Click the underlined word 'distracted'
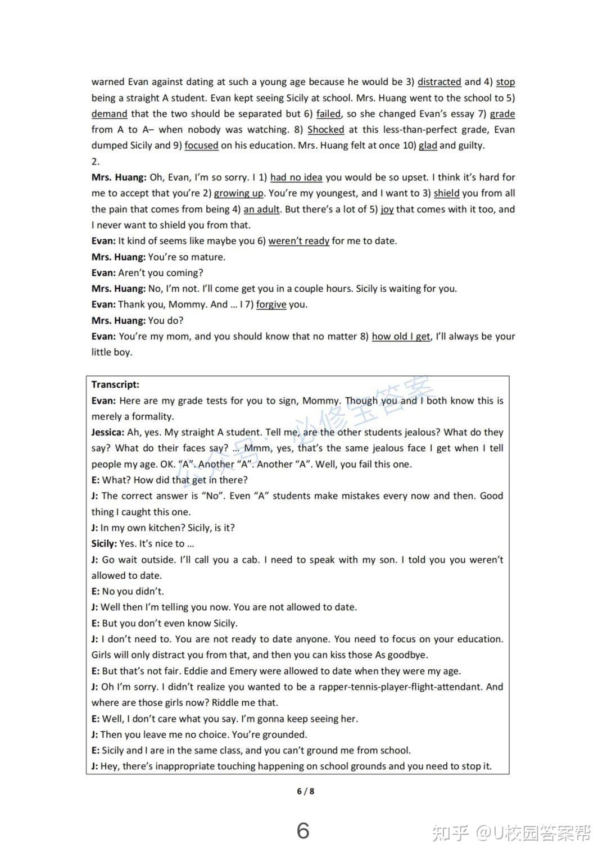tap(439, 82)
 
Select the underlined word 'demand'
tap(110, 114)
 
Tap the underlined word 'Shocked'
tap(326, 130)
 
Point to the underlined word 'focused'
tap(201, 146)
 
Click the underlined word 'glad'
tap(428, 146)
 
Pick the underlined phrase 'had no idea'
tap(296, 178)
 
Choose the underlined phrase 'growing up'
tap(239, 193)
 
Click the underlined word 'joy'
tap(387, 210)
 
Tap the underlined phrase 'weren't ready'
tap(298, 241)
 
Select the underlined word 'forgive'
tap(271, 305)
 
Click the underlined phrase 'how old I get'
tap(401, 337)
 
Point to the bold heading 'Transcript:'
tap(115, 385)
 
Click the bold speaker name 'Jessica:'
tap(108, 433)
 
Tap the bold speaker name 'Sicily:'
tap(104, 544)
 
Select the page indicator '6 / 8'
tap(305, 791)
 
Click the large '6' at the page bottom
tap(303, 830)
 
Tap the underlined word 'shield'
tap(446, 193)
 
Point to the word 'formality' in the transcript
tap(152, 417)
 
